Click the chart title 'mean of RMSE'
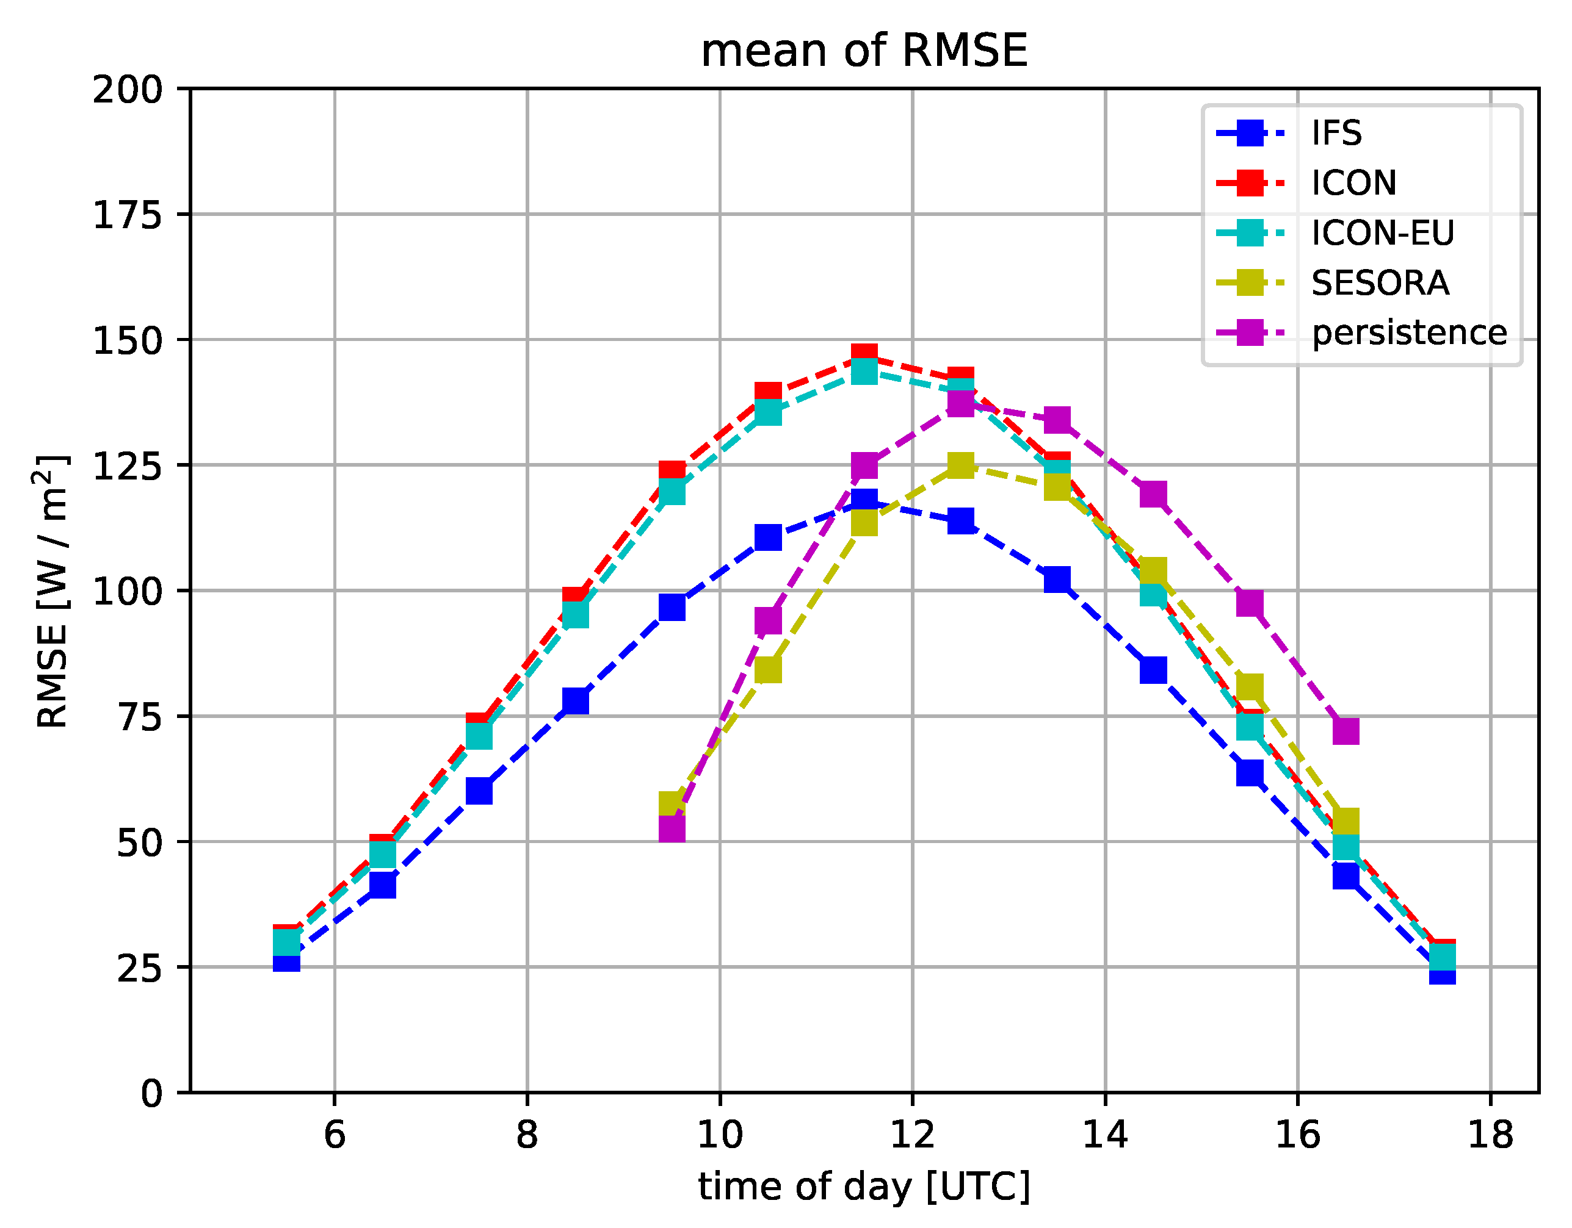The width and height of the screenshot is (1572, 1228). pos(864,51)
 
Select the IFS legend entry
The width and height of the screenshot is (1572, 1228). pos(1336,133)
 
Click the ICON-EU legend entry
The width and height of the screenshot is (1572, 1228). pos(1382,233)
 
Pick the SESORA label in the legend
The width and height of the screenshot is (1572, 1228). pos(1379,282)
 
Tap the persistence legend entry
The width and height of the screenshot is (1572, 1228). pos(1408,333)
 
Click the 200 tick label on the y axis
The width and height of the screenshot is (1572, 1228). pos(128,90)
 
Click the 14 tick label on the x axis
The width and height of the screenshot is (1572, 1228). pos(1105,1135)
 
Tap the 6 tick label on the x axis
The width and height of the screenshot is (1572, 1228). pos(335,1135)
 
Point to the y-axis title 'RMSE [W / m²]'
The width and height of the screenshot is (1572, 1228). pos(52,591)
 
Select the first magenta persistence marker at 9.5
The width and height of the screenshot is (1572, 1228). pos(672,830)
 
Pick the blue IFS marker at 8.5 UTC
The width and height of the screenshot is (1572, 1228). pos(575,701)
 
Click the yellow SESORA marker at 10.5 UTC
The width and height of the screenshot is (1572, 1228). pos(768,670)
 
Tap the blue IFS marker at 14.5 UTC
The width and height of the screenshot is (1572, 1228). pos(1153,670)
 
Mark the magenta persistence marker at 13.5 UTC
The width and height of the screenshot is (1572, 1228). pos(1057,420)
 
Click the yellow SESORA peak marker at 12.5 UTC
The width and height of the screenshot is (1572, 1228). pos(961,465)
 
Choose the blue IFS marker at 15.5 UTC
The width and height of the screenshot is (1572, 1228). pos(1250,774)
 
